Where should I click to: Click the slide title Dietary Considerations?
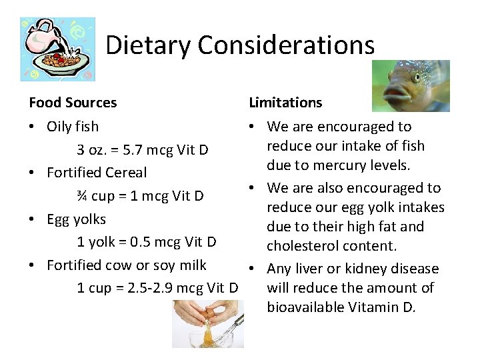point(240,45)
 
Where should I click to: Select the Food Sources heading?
point(73,103)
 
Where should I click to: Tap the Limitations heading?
point(285,103)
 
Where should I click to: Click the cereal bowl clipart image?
point(57,49)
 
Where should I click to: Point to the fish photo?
point(411,85)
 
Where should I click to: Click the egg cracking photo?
point(207,324)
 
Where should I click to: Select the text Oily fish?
point(73,126)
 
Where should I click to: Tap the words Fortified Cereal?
point(97,173)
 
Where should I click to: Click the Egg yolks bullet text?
point(77,219)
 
